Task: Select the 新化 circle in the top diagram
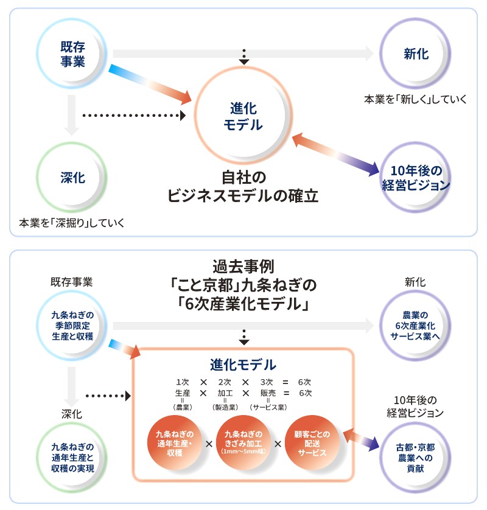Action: [416, 54]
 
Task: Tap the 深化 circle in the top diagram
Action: [72, 178]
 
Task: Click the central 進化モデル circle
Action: [243, 117]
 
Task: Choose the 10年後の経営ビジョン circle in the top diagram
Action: [416, 178]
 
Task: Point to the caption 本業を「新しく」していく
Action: [416, 99]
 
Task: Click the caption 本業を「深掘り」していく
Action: [72, 223]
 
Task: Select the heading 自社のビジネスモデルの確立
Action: [243, 187]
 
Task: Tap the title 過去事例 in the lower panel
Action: [243, 267]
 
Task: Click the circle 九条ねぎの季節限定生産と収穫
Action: [73, 325]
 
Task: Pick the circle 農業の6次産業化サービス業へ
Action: [416, 325]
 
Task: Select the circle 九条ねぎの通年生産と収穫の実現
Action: [73, 458]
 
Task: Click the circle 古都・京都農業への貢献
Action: [416, 458]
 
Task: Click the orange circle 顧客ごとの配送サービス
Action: [312, 443]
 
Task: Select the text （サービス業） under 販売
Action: [268, 407]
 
